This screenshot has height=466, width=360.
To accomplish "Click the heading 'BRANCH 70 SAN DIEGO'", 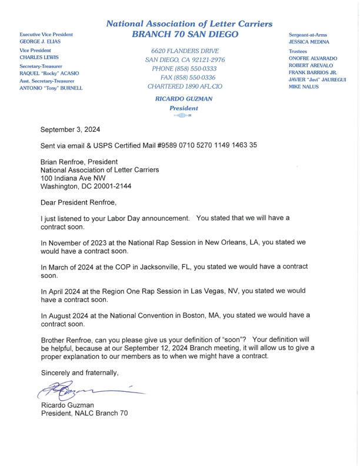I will tap(185, 35).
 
